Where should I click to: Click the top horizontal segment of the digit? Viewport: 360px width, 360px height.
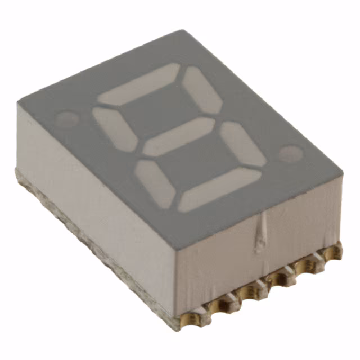click(x=139, y=84)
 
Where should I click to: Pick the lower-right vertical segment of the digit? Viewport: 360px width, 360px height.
click(x=242, y=143)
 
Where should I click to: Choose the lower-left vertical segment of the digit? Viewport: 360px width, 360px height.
click(x=155, y=183)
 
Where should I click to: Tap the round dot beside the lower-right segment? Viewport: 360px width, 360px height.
click(x=291, y=153)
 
